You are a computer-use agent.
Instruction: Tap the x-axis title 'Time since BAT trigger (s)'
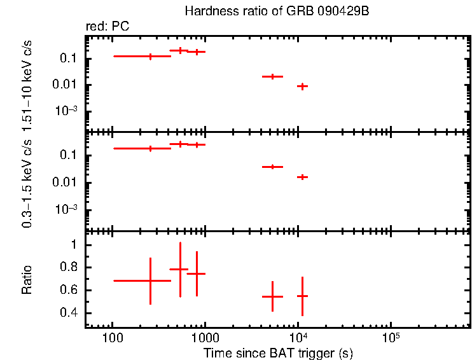pos(278,352)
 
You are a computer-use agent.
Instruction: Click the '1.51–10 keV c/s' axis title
pos(27,83)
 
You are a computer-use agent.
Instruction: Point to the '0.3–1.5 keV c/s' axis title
pos(27,181)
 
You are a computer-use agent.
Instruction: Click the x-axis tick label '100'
pos(113,337)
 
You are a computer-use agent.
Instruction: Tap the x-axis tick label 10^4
pos(297,336)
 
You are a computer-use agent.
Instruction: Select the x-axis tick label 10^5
pos(390,336)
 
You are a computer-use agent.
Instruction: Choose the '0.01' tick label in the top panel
pos(66,85)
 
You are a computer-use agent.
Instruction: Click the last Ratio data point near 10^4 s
pos(302,296)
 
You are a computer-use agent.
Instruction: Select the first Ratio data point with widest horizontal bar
pos(150,280)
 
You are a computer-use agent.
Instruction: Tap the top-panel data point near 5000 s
pos(272,76)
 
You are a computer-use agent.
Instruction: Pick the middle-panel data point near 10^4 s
pos(302,177)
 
